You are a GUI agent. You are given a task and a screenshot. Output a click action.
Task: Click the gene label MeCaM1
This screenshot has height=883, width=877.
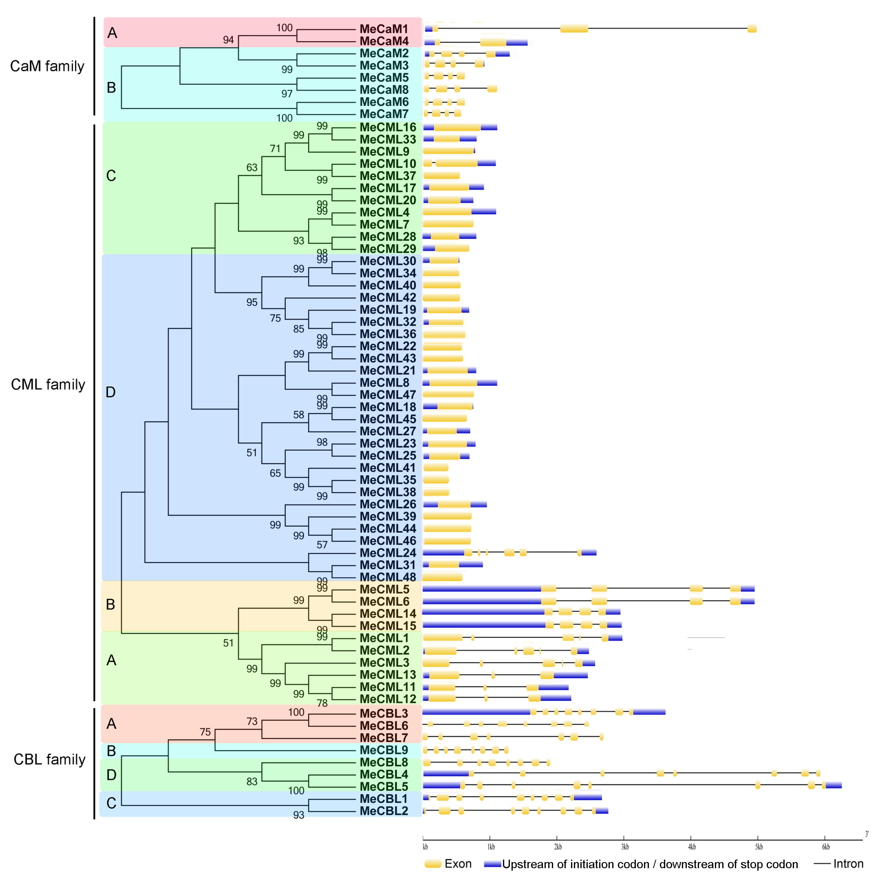tap(383, 29)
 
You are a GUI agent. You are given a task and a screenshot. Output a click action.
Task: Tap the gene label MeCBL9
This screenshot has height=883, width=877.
tap(383, 750)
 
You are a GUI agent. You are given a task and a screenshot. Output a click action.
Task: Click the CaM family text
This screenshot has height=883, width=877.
tap(47, 66)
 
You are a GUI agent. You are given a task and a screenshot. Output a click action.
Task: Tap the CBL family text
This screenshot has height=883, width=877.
tap(49, 760)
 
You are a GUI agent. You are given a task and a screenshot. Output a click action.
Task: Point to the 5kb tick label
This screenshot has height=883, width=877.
tap(759, 847)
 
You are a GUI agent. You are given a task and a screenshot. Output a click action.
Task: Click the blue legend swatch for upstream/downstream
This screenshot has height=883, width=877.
tap(492, 864)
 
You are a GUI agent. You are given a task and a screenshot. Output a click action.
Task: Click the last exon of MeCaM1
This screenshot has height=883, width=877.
tap(751, 29)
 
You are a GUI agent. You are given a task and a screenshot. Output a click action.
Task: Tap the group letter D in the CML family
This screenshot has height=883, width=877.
tap(111, 392)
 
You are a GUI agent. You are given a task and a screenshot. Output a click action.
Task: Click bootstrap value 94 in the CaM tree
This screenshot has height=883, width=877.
tap(228, 40)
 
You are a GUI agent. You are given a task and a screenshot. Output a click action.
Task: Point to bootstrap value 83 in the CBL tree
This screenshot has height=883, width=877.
tap(252, 781)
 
